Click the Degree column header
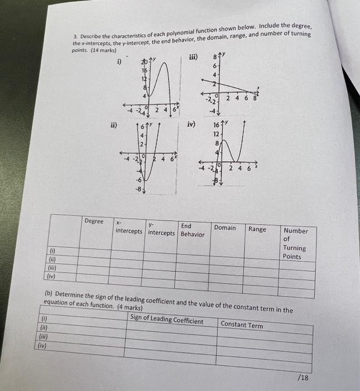tap(94, 221)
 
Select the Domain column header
tap(225, 228)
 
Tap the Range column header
tap(257, 229)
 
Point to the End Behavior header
tap(192, 230)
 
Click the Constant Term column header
tap(242, 325)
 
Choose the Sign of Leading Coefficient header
tap(167, 320)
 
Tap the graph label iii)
tap(193, 56)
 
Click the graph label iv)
tap(191, 125)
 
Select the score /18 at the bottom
tap(304, 378)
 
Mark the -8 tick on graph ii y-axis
tap(137, 189)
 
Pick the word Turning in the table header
tap(294, 248)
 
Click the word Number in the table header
tap(296, 230)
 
